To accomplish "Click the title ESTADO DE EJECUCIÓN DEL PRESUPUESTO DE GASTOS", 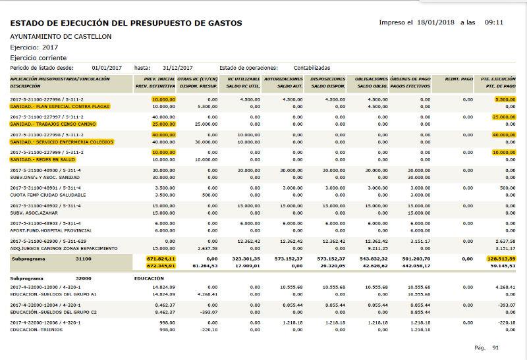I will pyautogui.click(x=126, y=24).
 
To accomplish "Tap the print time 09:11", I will pyautogui.click(x=493, y=22).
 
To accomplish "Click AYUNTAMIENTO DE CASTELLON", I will pyautogui.click(x=61, y=36).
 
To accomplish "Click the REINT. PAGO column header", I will pyautogui.click(x=458, y=79).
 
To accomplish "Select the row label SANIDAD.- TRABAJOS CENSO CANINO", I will pyautogui.click(x=53, y=124).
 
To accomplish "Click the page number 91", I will pyautogui.click(x=495, y=347).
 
